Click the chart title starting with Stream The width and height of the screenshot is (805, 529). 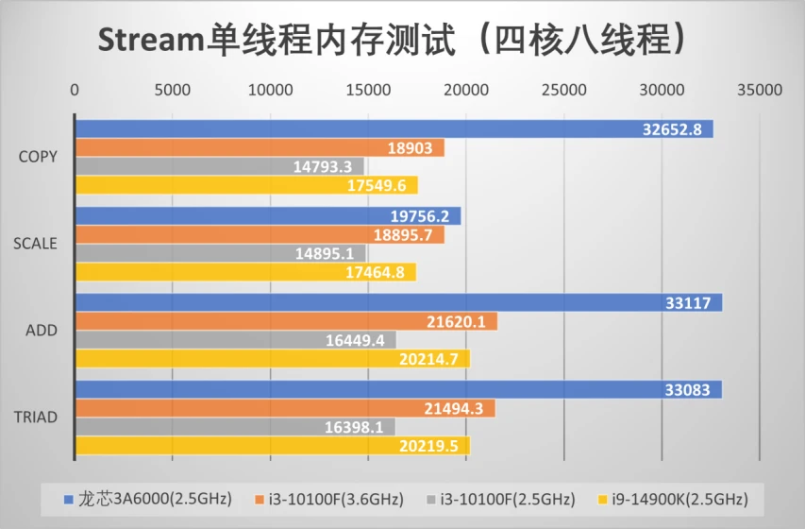(x=393, y=40)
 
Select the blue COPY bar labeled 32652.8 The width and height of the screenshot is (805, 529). (x=394, y=128)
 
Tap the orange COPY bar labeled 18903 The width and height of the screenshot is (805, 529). (x=260, y=147)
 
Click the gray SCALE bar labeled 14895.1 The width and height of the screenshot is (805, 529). (x=221, y=253)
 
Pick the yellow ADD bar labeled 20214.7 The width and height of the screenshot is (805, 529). (x=273, y=358)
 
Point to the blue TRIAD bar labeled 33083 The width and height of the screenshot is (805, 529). (x=399, y=389)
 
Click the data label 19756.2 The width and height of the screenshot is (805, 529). (x=419, y=216)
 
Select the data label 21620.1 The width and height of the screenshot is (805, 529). (x=456, y=322)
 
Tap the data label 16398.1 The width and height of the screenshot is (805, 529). (x=354, y=427)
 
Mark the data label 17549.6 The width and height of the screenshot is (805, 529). (x=377, y=185)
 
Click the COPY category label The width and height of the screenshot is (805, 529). (x=38, y=156)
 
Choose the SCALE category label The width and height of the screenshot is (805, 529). (x=35, y=243)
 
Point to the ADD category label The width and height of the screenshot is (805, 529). (x=42, y=330)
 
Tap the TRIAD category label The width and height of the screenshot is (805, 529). (x=36, y=417)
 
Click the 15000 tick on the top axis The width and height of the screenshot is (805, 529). (x=368, y=90)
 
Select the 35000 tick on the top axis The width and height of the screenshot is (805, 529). (x=760, y=90)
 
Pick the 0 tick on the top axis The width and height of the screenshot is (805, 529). (x=75, y=90)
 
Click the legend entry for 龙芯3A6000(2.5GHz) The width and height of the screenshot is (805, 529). (x=148, y=499)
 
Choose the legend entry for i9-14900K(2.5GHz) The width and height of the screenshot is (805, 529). (x=673, y=499)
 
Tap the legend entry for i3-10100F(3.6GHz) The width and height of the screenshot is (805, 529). (x=329, y=499)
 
